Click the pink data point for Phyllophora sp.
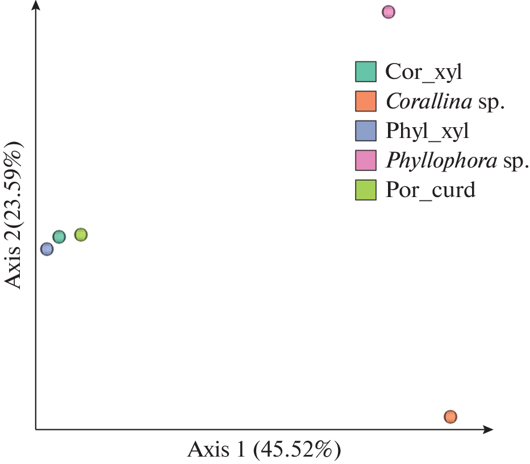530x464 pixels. (x=388, y=12)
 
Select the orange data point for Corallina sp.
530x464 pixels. (x=450, y=417)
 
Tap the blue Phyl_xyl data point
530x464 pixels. (x=47, y=249)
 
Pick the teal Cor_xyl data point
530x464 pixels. (x=59, y=237)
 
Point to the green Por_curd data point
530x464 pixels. (x=81, y=235)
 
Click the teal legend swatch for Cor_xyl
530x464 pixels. (x=366, y=72)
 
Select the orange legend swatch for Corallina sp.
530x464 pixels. (x=366, y=101)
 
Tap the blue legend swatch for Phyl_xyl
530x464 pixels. (x=366, y=131)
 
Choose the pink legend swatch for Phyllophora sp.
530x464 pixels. (x=366, y=160)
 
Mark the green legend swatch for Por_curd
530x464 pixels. (x=366, y=190)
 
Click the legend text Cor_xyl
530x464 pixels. (x=423, y=72)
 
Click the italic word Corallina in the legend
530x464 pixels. (x=429, y=101)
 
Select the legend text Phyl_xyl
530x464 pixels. (x=427, y=131)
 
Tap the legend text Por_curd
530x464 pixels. (x=429, y=190)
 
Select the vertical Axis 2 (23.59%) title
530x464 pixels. (x=14, y=215)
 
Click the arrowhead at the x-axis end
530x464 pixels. (x=487, y=429)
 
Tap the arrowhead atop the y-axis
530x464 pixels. (x=36, y=7)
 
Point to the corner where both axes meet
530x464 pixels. (x=36, y=429)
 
